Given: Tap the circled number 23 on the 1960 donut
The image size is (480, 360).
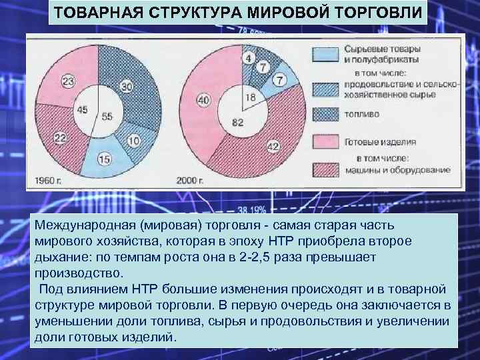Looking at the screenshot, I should pyautogui.click(x=68, y=81).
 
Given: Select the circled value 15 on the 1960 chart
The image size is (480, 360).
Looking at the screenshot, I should pyautogui.click(x=105, y=159).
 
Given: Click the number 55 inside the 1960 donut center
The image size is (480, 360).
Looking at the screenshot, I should pyautogui.click(x=107, y=116).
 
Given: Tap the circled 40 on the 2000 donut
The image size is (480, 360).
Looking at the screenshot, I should pyautogui.click(x=203, y=99).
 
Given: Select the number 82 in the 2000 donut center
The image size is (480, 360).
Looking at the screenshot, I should pyautogui.click(x=238, y=122).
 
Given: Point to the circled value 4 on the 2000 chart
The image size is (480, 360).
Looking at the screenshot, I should pyautogui.click(x=248, y=58).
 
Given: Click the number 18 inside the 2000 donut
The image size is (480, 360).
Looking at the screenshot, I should pyautogui.click(x=250, y=97).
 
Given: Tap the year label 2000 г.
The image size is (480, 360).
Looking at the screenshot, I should pyautogui.click(x=190, y=180).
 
